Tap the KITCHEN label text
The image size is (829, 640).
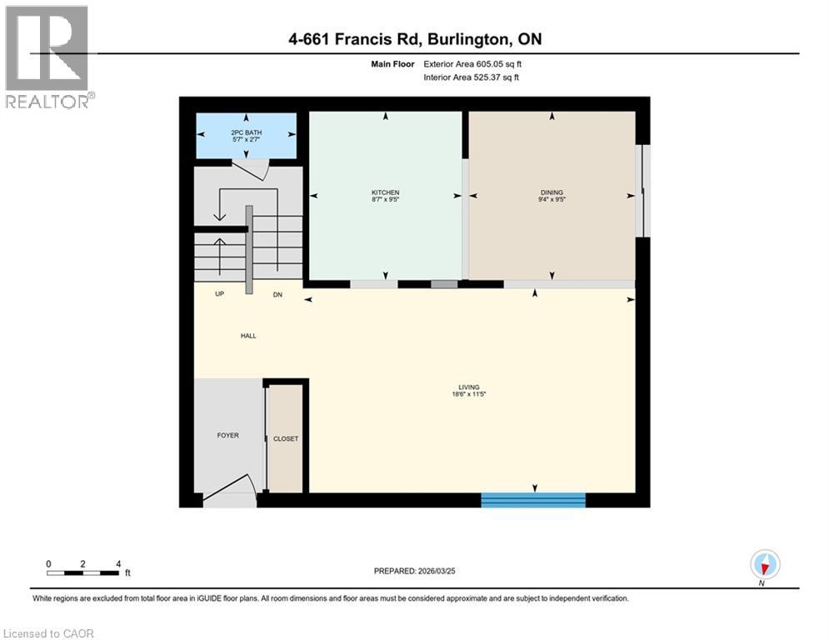click(385, 192)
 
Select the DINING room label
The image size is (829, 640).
click(552, 192)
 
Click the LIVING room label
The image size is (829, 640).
click(467, 387)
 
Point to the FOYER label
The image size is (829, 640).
click(227, 435)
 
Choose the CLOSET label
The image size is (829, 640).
click(285, 438)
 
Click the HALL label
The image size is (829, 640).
click(248, 336)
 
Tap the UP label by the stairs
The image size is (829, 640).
click(220, 294)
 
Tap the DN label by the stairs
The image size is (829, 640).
click(278, 294)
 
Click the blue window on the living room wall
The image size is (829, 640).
click(533, 500)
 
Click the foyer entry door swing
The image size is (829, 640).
click(231, 491)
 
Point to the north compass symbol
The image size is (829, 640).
click(764, 565)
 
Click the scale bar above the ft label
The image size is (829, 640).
click(82, 572)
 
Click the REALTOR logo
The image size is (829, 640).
click(47, 57)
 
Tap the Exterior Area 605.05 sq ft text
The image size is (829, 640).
click(473, 63)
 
